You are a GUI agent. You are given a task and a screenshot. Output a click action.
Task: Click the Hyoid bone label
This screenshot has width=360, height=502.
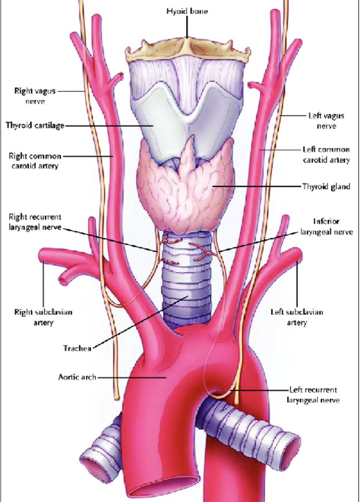(x=187, y=11)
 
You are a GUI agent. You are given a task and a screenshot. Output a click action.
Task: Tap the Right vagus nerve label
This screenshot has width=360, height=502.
(x=35, y=96)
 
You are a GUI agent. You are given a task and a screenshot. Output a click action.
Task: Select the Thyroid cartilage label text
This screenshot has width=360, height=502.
(x=35, y=125)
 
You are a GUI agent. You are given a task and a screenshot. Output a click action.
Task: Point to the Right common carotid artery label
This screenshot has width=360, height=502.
(x=35, y=161)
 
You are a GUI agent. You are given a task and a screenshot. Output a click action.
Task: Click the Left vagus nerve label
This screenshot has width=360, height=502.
(x=326, y=120)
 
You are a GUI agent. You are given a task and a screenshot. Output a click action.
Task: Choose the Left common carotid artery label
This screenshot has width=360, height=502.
(x=326, y=154)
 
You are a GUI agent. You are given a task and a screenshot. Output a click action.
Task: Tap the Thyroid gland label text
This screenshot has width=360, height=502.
(x=326, y=187)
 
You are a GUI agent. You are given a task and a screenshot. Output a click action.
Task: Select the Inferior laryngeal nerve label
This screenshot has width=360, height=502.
(x=326, y=226)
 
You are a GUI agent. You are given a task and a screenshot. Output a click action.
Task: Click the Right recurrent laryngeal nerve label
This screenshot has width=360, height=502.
(x=35, y=222)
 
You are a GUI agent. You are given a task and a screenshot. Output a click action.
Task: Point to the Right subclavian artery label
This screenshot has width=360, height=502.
(x=43, y=317)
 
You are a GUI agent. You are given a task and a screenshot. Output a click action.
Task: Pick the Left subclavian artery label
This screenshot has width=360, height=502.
(x=297, y=317)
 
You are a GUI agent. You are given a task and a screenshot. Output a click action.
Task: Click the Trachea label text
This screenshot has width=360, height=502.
(x=77, y=348)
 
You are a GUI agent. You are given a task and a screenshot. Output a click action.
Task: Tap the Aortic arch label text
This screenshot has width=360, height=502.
(x=77, y=377)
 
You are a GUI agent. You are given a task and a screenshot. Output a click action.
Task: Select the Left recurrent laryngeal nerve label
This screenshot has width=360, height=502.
(x=313, y=395)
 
